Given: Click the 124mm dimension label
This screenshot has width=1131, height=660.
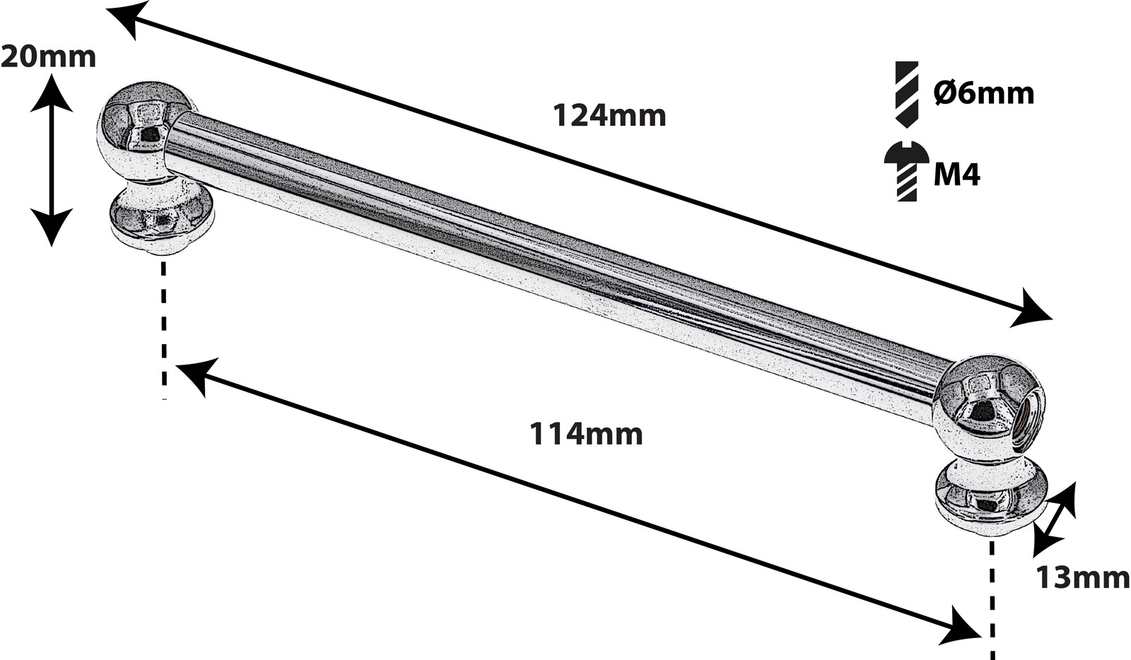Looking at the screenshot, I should [x=609, y=115].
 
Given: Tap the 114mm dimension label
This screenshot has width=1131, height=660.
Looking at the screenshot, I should [x=586, y=433].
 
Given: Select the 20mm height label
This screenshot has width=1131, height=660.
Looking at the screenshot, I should [x=48, y=57].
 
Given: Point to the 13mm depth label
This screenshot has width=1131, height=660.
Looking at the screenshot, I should [x=1082, y=577].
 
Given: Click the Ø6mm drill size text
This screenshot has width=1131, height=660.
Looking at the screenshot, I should [x=983, y=93].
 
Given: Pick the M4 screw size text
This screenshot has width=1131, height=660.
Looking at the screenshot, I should [x=956, y=174].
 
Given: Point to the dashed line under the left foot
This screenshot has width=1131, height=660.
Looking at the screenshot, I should [x=164, y=329].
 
